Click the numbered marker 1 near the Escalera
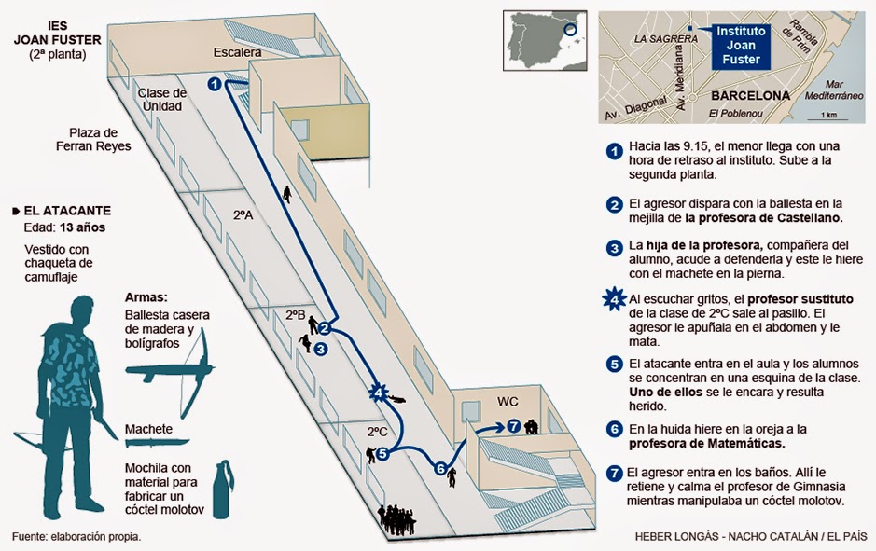pos(215,85)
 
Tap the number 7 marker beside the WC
pos(513,426)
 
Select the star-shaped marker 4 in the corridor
pos(378,393)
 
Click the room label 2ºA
pos(243,214)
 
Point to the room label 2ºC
pos(376,432)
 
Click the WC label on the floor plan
pos(508,402)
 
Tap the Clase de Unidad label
pos(162,100)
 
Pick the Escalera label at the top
pos(237,52)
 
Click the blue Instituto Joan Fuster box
pos(743,45)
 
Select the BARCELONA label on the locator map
pos(750,95)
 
